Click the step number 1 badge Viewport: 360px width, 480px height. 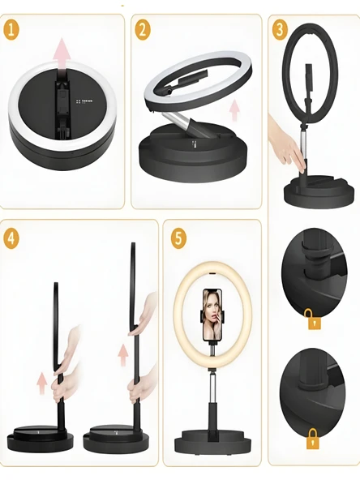click(x=11, y=30)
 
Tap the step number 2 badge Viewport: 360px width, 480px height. click(x=143, y=30)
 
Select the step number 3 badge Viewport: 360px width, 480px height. click(x=280, y=30)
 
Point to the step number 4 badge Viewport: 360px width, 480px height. click(x=11, y=238)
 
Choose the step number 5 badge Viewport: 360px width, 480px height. click(x=178, y=238)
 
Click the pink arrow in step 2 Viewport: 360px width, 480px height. click(x=234, y=110)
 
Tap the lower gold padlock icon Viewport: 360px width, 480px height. click(x=313, y=439)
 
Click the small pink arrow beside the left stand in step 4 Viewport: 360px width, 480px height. click(x=42, y=383)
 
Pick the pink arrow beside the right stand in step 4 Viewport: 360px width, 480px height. click(x=123, y=354)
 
